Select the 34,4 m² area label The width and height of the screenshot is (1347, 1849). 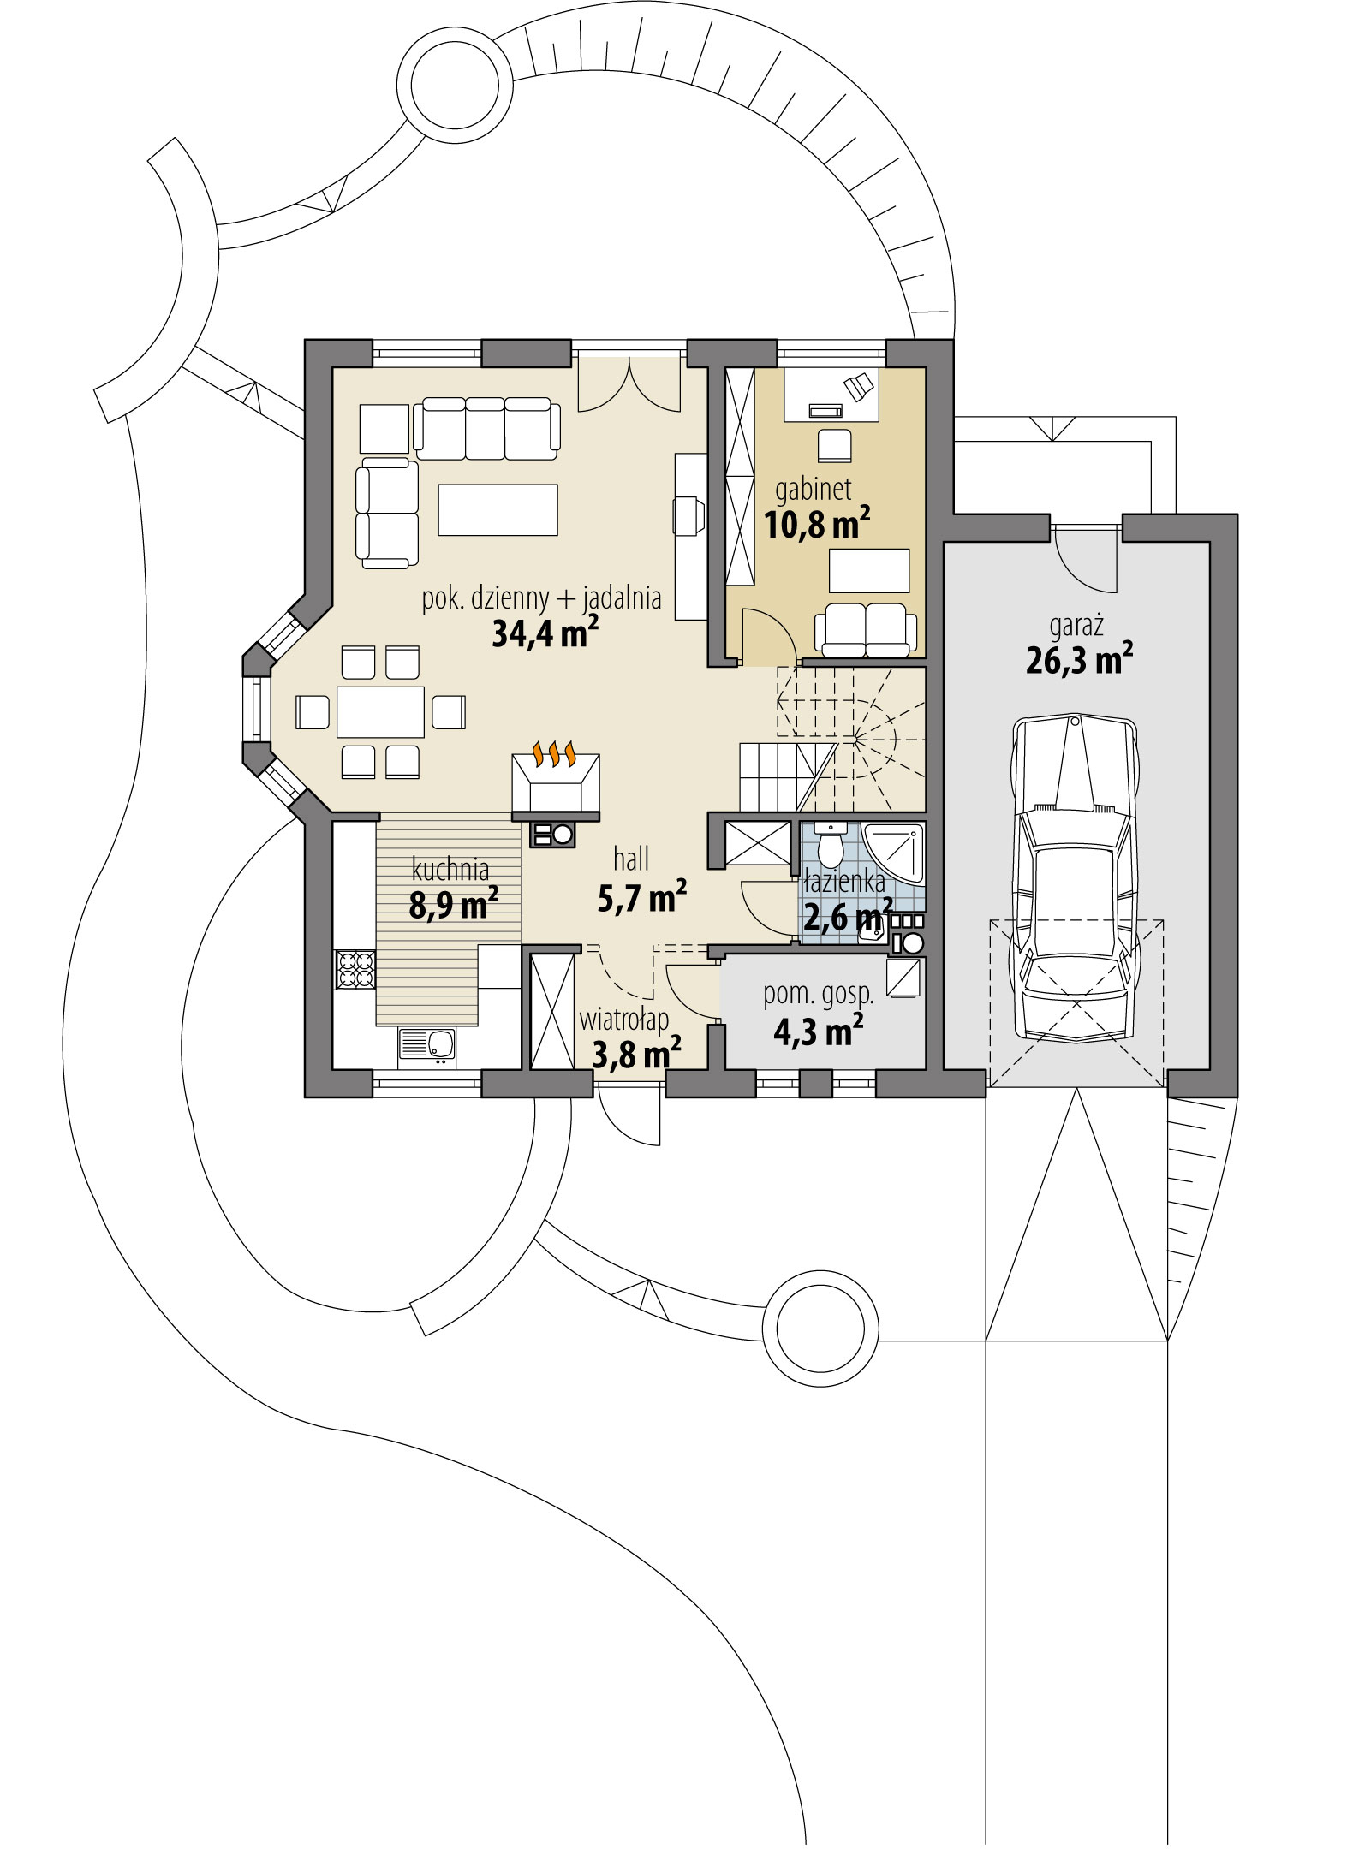coord(545,634)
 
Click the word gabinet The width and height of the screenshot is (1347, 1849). coord(813,489)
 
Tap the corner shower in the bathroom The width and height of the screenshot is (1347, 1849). coord(894,853)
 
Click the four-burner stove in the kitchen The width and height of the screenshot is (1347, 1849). coord(355,970)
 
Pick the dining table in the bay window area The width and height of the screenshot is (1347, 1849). coord(380,711)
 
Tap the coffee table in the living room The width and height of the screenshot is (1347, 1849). coord(498,508)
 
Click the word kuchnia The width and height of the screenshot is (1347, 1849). coord(450,870)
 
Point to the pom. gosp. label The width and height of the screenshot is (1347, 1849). coord(819,994)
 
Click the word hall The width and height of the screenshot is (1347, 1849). coord(631,859)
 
